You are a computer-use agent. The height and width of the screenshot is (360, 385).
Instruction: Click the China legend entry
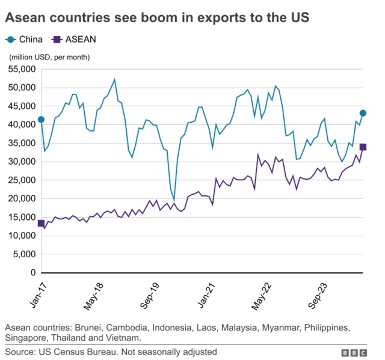pos(24,40)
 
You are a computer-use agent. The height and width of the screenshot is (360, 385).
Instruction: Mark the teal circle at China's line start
pos(41,120)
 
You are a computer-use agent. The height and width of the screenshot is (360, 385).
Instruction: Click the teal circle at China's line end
pos(363,113)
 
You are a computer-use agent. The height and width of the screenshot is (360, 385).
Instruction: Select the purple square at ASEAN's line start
pos(41,224)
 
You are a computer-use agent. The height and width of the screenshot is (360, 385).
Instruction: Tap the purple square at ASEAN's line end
pos(363,147)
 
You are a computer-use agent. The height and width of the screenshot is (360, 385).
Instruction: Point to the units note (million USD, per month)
pos(49,57)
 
